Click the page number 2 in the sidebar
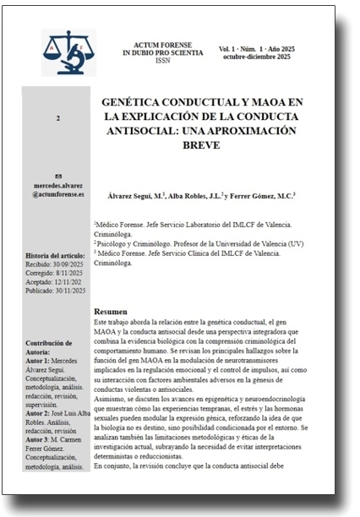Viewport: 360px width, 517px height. pyautogui.click(x=57, y=118)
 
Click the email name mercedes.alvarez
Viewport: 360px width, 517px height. pyautogui.click(x=58, y=185)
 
